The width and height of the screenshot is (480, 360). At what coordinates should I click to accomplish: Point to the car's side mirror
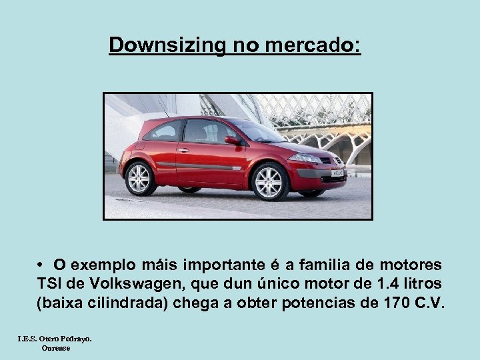232,140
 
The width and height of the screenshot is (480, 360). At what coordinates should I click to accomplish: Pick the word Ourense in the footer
56,347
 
